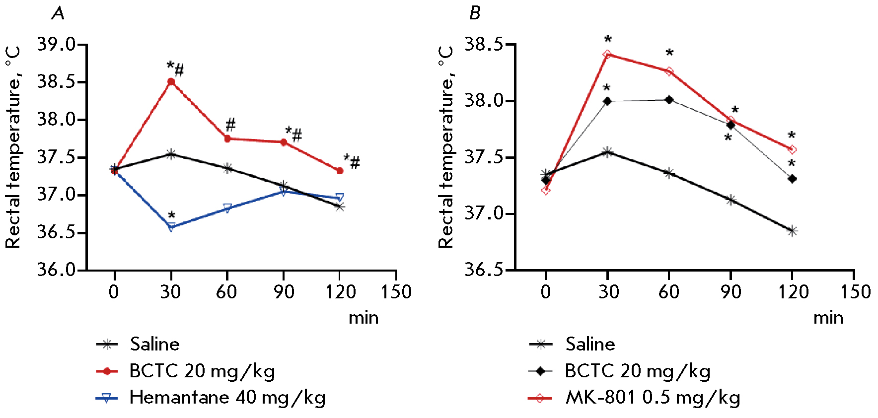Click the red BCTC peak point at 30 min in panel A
[171, 81]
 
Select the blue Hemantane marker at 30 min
[171, 227]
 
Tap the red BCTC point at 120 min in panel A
[340, 171]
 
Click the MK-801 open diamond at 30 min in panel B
[607, 54]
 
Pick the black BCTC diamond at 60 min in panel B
[669, 100]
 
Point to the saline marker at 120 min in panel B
[792, 231]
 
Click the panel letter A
[58, 13]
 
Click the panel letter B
[475, 13]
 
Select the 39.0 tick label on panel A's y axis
[56, 44]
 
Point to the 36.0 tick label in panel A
[56, 270]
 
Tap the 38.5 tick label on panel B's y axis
[483, 44]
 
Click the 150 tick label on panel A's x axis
[396, 291]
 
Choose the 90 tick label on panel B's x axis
[731, 291]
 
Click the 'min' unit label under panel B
[828, 318]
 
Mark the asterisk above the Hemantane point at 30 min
[171, 215]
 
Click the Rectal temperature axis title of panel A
[13, 147]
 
